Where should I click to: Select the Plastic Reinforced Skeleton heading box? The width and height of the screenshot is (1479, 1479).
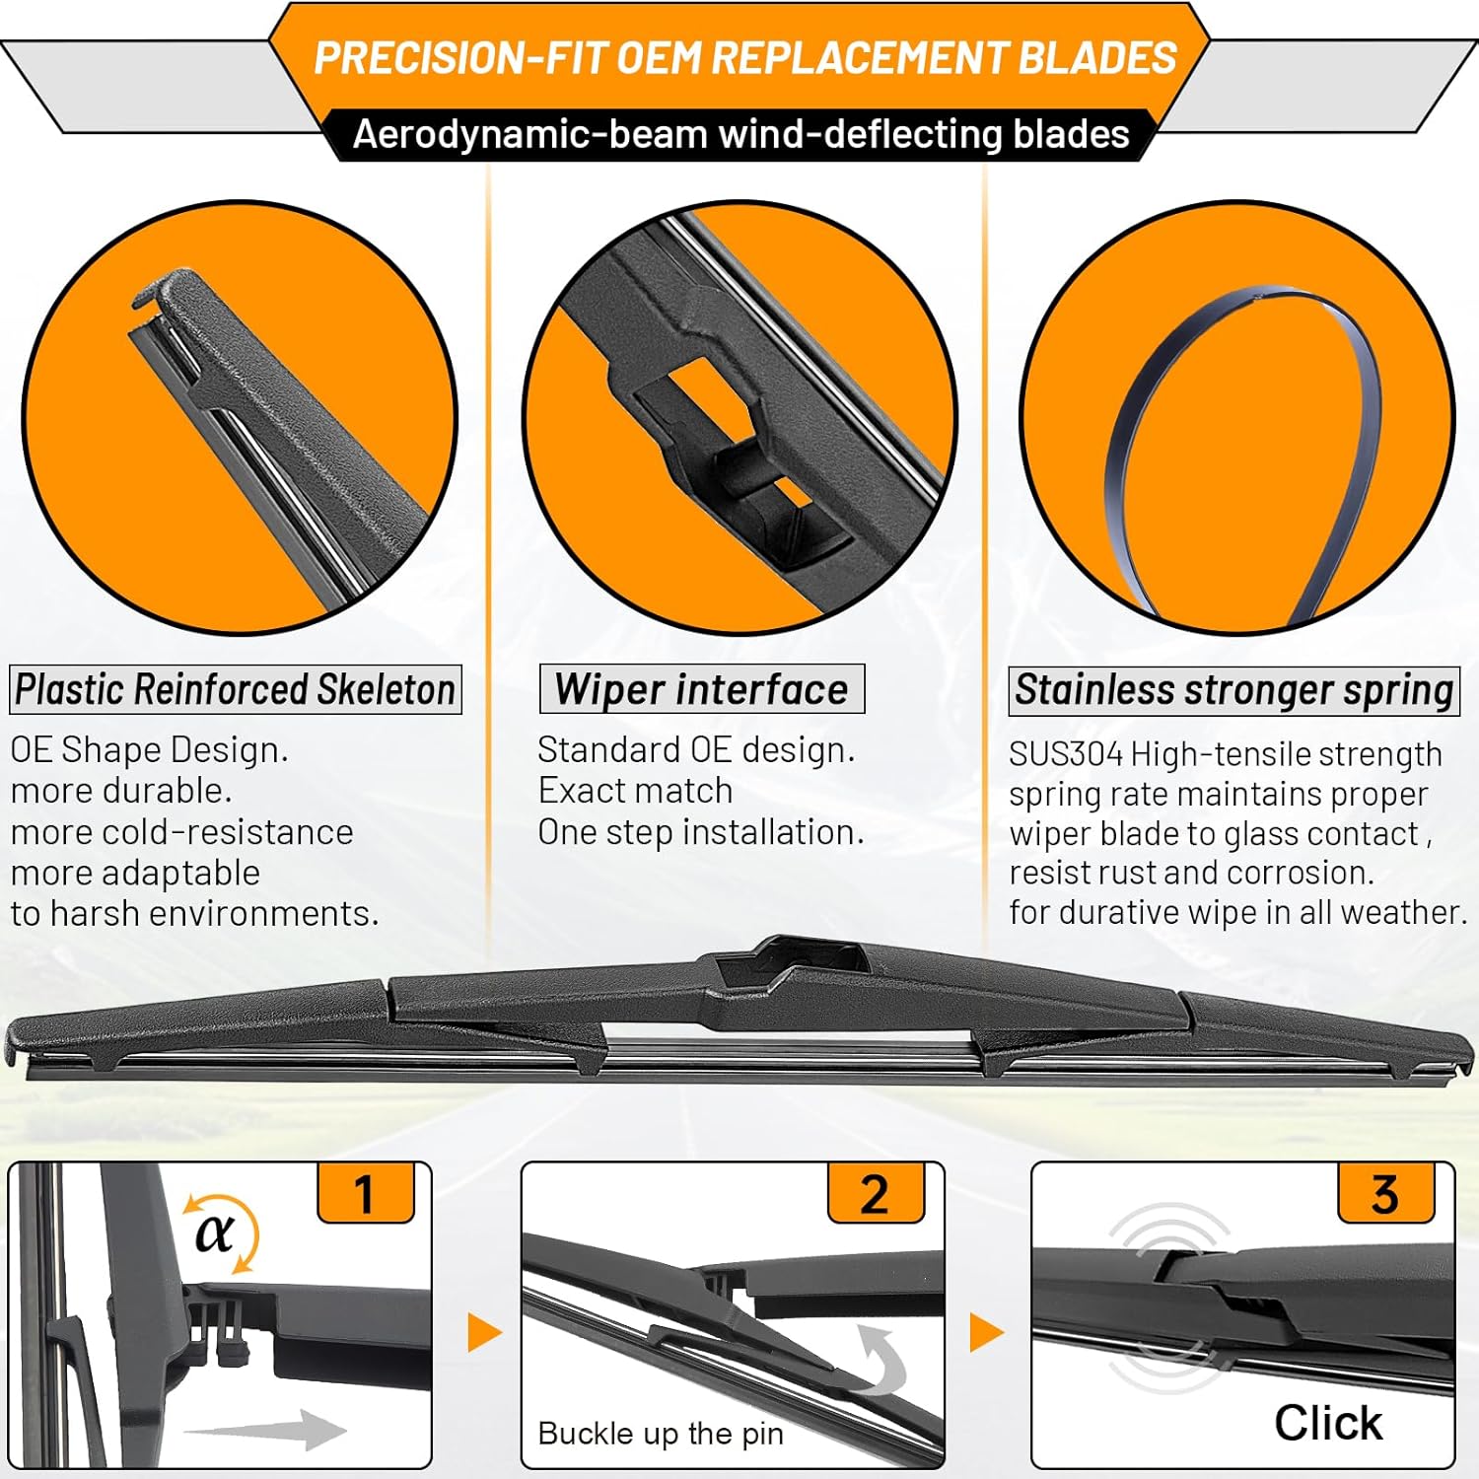tap(235, 689)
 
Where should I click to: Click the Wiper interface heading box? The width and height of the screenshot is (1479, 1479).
tap(701, 689)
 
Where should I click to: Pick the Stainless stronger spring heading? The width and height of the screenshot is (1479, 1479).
tap(1233, 690)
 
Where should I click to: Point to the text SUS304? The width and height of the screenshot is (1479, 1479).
tap(1065, 754)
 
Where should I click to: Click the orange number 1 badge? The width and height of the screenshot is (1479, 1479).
tap(365, 1194)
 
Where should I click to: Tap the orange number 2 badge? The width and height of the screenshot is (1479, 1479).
tap(875, 1194)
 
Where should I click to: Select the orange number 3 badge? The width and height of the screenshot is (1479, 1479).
tap(1384, 1194)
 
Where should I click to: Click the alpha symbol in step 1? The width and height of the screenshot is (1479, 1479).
tap(215, 1232)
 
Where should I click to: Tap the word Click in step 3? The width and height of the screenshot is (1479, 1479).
tap(1327, 1423)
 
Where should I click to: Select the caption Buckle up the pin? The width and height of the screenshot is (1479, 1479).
tap(661, 1434)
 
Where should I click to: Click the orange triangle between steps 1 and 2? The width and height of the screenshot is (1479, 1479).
tap(483, 1333)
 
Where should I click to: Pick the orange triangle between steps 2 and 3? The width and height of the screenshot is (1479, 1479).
tap(986, 1333)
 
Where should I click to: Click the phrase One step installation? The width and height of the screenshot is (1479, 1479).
tap(700, 832)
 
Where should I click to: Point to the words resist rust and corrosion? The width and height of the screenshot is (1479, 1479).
tap(1191, 873)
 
